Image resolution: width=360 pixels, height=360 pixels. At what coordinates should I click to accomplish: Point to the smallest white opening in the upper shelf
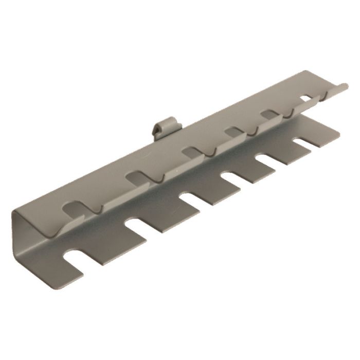[x=306, y=96]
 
